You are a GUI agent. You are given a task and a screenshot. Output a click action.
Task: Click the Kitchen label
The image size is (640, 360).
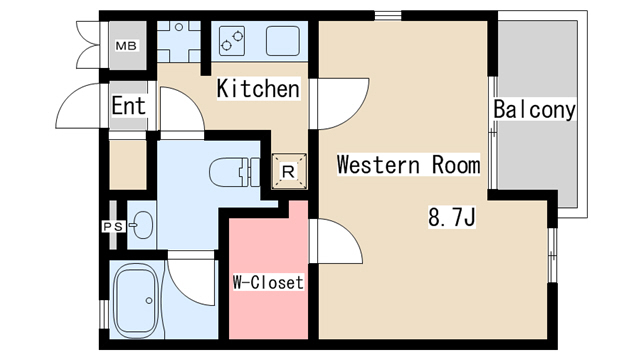(x=258, y=89)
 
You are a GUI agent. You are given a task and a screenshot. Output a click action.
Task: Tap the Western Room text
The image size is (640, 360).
(x=408, y=164)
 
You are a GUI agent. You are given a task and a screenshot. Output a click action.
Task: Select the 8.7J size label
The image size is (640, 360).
(x=452, y=217)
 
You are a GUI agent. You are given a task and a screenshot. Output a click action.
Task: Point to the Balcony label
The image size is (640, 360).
(x=534, y=109)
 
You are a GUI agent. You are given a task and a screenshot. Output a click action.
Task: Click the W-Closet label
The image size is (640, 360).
(x=268, y=282)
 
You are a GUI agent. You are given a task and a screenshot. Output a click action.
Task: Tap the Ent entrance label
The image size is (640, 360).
(x=129, y=106)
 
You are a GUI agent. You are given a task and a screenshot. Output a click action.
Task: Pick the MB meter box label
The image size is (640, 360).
(x=126, y=46)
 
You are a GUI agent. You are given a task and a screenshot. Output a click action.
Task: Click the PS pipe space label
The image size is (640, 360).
(x=113, y=226)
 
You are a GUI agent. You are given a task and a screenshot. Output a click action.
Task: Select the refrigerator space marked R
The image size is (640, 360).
(x=289, y=171)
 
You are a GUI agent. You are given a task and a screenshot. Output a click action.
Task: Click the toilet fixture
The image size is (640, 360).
(x=235, y=172)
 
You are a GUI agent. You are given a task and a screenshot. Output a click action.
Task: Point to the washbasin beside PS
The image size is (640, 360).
(x=141, y=225)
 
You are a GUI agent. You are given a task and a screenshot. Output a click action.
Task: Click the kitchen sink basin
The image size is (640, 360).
(x=282, y=41)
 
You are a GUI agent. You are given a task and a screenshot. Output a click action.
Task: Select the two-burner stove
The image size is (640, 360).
(x=232, y=41)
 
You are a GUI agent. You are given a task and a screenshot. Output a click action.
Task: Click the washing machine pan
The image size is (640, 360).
(x=179, y=41)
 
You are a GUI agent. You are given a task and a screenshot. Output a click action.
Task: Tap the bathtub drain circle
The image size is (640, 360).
(x=149, y=301)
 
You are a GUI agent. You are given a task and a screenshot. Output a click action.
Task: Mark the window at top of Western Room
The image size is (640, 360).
(x=388, y=16)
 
